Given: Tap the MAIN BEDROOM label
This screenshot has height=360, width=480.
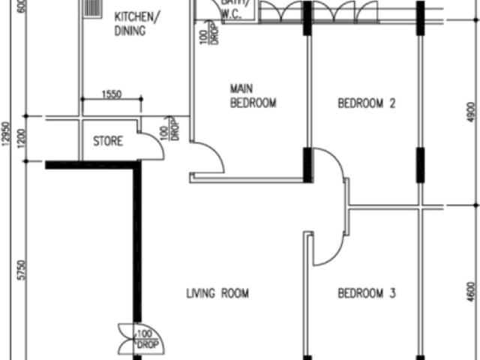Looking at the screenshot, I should pyautogui.click(x=253, y=96).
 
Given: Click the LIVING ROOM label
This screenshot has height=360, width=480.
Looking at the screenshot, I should pyautogui.click(x=217, y=293).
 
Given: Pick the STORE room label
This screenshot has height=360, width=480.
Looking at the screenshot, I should pyautogui.click(x=107, y=140).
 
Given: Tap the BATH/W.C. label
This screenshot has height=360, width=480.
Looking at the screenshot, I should pyautogui.click(x=230, y=10).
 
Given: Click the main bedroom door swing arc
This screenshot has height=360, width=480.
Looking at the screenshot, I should pyautogui.click(x=209, y=157).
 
